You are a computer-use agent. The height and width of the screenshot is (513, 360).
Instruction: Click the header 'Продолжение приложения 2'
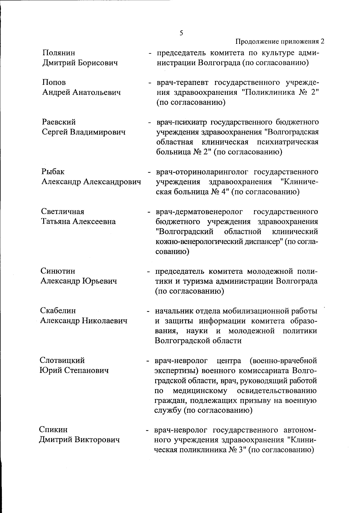280,41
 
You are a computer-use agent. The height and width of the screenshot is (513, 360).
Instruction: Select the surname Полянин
59,53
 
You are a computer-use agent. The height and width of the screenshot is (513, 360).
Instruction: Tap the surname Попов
54,83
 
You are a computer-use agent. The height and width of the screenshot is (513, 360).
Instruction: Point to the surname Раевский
59,122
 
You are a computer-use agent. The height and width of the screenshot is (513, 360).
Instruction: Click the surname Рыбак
53,172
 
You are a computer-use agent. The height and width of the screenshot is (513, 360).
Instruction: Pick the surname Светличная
63,211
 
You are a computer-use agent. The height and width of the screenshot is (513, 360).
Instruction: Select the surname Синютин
58,271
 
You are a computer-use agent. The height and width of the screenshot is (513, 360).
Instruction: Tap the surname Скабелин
58,311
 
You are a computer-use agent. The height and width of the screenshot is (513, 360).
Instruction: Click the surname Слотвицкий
62,360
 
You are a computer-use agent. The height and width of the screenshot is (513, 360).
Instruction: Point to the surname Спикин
53,430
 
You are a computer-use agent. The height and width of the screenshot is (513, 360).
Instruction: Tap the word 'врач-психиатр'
181,122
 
